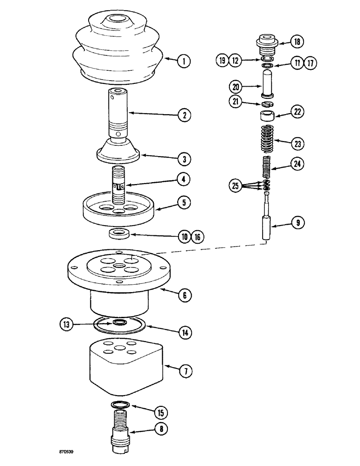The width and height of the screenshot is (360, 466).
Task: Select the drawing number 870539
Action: tap(68, 452)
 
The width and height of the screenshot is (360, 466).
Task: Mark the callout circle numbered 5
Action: tap(184, 204)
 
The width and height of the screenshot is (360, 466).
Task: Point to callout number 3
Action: tap(184, 158)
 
